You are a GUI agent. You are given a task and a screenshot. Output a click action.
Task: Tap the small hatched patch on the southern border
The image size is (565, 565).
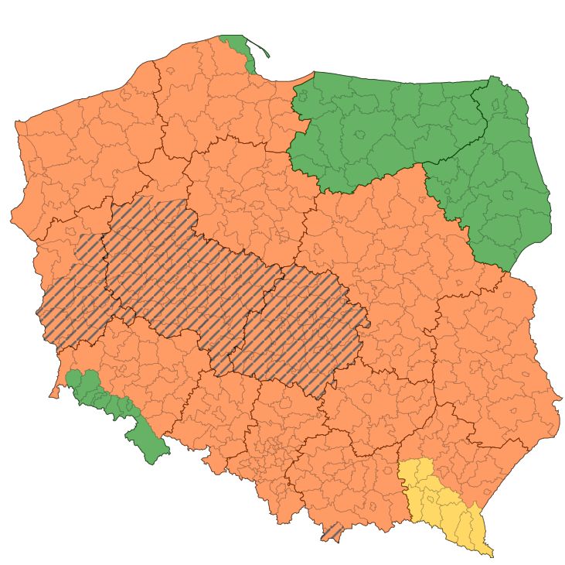point(332,532)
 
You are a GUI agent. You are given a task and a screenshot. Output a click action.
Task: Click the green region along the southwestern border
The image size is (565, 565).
point(116,402)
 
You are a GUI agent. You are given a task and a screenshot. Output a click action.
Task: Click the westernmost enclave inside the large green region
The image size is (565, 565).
point(302,97)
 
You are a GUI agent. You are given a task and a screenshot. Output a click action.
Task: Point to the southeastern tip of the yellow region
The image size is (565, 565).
point(491,554)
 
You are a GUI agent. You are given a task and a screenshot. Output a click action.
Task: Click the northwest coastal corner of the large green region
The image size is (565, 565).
point(313,74)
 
